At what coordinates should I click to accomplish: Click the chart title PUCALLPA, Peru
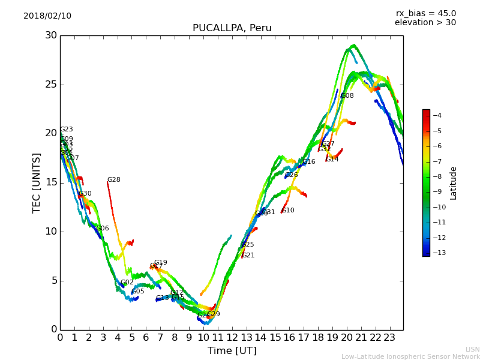pos(232,28)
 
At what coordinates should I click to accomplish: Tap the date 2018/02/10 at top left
pos(47,16)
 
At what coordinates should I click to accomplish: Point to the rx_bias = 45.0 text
pos(425,13)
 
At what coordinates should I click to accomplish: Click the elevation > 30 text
pos(425,23)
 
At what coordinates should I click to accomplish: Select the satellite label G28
pos(113,180)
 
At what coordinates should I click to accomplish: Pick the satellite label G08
pos(347,96)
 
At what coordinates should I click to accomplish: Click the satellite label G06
pos(103,229)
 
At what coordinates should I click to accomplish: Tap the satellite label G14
pos(332,160)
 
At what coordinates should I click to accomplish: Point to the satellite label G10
pos(288,211)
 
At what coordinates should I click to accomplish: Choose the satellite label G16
pos(308,162)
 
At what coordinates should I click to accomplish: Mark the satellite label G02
pos(127,283)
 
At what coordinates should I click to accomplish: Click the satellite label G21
pos(248,256)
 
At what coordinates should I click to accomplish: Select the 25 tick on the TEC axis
pos(50,85)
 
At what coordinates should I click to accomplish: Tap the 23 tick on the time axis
pos(389,337)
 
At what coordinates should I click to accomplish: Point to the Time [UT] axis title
pos(232,350)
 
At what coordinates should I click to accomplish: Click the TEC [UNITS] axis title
pos(37,182)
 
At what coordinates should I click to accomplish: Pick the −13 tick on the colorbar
pos(436,253)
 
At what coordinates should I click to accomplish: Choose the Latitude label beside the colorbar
pos(454,183)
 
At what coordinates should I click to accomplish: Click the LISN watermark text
pos(472,349)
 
